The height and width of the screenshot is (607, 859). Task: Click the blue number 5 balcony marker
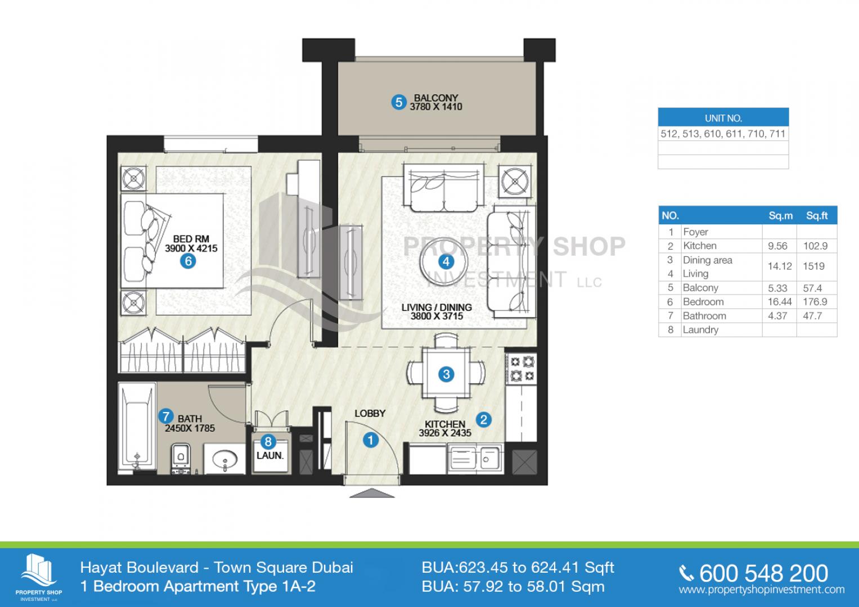[x=399, y=102]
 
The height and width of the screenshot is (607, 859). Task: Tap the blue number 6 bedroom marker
[x=188, y=261]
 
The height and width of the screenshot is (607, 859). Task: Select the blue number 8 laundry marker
[x=268, y=442]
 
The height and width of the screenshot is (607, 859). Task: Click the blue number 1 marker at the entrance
[x=371, y=440]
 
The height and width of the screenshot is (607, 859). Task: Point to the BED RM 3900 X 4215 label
[x=191, y=244]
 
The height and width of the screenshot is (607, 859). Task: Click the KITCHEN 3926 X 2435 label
[x=445, y=428]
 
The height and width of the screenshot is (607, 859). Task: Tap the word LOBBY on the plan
[x=370, y=414]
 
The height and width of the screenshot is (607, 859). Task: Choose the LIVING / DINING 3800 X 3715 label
[x=437, y=311]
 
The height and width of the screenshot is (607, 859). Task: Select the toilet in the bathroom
[x=181, y=458]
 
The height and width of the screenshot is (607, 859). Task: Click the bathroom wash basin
[x=224, y=459]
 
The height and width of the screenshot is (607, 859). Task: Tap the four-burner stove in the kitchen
[x=521, y=369]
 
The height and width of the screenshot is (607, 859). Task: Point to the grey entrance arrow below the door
[x=372, y=493]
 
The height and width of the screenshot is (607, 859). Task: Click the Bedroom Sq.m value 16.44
[x=780, y=302]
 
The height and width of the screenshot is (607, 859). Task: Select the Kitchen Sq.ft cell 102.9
[x=815, y=246]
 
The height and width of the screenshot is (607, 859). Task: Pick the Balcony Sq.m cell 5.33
[x=777, y=288]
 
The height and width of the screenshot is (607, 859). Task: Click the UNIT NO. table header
[x=723, y=118]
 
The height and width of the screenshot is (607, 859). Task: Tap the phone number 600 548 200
[x=763, y=574]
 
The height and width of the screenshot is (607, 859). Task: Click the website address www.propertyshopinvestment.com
[x=762, y=590]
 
